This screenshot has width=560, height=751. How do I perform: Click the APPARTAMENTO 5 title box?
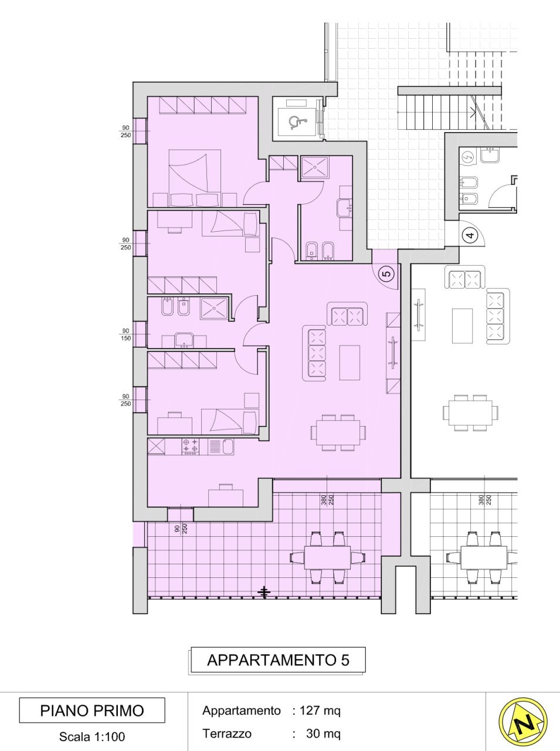tap(277, 660)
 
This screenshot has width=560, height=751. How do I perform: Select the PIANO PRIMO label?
tap(92, 711)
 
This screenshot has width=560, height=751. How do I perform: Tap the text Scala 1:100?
tap(92, 736)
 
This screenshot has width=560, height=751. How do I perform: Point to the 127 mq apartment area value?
tap(320, 711)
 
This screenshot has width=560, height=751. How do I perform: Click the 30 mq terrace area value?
tap(323, 733)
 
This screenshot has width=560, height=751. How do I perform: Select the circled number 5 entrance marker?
tap(386, 273)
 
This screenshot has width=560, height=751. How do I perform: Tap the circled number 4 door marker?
tap(469, 236)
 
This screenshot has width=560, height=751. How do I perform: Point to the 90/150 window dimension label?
tap(125, 334)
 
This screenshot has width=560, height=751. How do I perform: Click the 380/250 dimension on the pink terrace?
tap(327, 500)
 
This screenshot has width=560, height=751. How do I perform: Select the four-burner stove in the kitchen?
tap(191, 446)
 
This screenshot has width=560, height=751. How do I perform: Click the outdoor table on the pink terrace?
tap(327, 557)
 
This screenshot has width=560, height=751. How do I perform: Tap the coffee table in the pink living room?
tap(349, 362)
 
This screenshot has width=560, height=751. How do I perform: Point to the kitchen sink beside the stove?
tap(221, 446)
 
